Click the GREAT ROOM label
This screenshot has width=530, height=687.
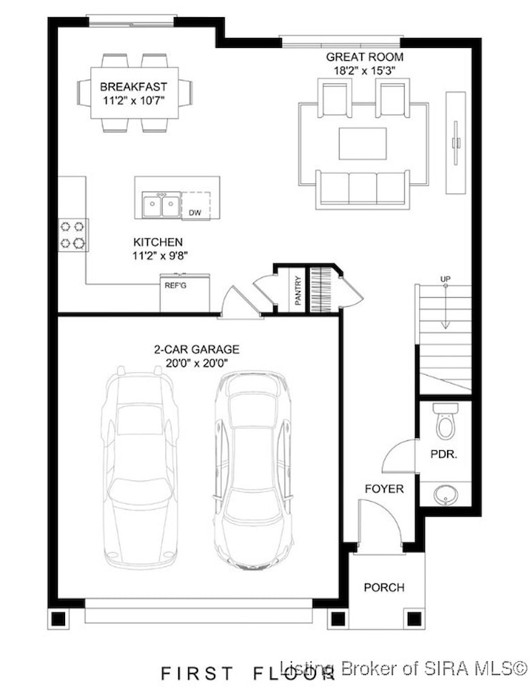pyautogui.click(x=365, y=57)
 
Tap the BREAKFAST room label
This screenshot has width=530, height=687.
pyautogui.click(x=134, y=87)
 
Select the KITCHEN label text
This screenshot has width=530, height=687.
pyautogui.click(x=157, y=243)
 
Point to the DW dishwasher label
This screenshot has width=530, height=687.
pyautogui.click(x=195, y=213)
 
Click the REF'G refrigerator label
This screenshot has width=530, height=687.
pyautogui.click(x=175, y=286)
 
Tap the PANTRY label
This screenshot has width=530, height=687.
pyautogui.click(x=298, y=290)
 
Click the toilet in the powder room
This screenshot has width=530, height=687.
pyautogui.click(x=446, y=421)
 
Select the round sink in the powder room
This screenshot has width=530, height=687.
pyautogui.click(x=446, y=494)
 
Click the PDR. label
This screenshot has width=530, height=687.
pyautogui.click(x=443, y=454)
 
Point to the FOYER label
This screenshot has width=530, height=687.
pyautogui.click(x=384, y=489)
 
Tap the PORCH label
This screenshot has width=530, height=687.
pyautogui.click(x=384, y=587)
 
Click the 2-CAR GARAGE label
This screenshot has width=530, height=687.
pyautogui.click(x=196, y=349)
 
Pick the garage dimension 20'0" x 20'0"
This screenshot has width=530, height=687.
pyautogui.click(x=197, y=363)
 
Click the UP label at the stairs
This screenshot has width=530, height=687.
pyautogui.click(x=446, y=278)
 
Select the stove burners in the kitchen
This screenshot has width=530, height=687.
pyautogui.click(x=73, y=235)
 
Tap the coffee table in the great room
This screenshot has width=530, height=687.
pyautogui.click(x=363, y=144)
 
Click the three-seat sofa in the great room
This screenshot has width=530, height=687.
pyautogui.click(x=363, y=189)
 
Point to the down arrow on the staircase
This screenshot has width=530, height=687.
pyautogui.click(x=446, y=307)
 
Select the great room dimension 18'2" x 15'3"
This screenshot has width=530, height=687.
pyautogui.click(x=365, y=71)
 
